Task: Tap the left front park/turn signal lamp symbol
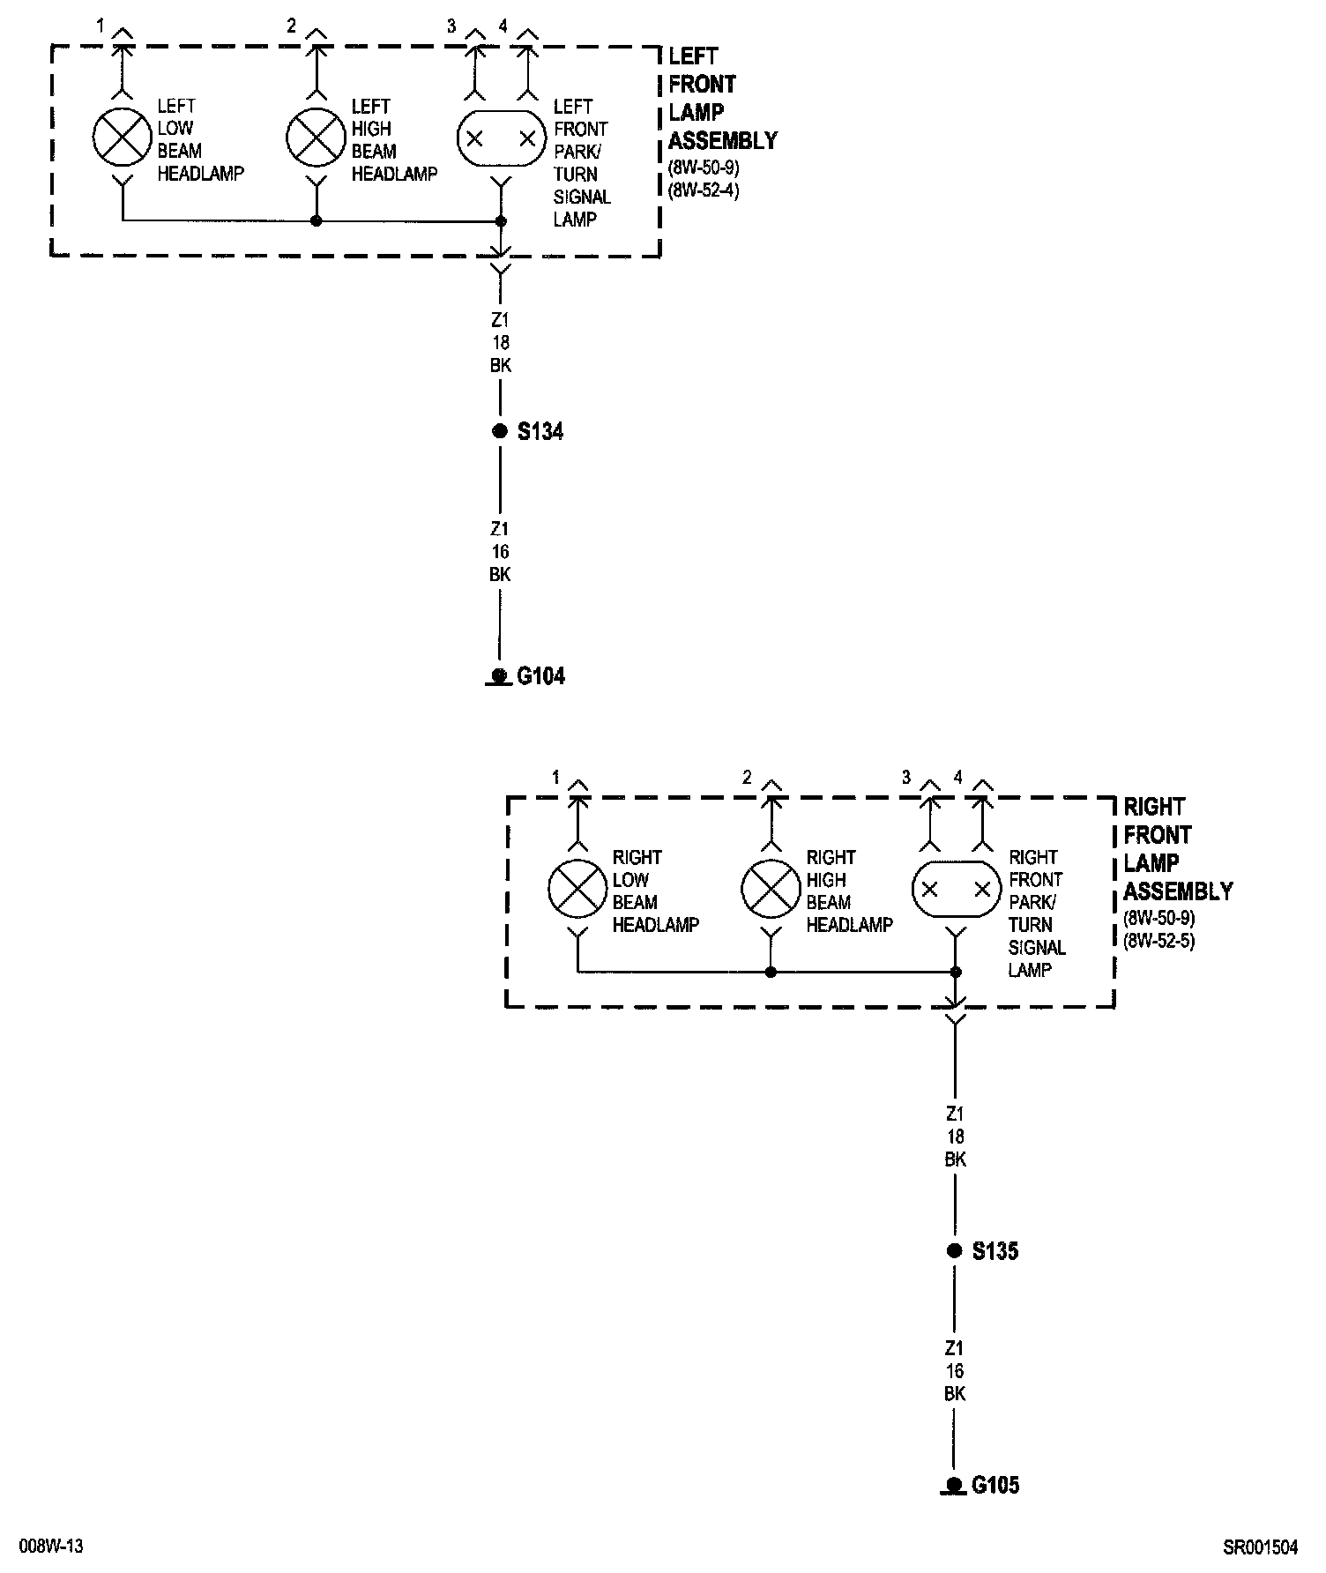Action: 501,138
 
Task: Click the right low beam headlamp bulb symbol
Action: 577,888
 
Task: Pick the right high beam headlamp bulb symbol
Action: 771,888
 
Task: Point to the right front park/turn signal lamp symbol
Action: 956,889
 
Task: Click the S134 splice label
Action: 540,432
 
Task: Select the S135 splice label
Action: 994,1251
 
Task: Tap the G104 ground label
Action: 540,676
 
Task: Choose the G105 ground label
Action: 995,1486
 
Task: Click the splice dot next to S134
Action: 500,431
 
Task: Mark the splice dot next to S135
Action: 954,1250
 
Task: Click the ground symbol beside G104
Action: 500,677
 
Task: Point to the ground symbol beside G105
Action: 954,1487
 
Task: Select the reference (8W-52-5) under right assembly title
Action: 1158,940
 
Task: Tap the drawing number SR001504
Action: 1260,1547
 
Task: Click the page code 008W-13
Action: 54,1547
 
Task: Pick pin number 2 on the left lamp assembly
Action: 292,26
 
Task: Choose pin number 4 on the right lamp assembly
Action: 958,778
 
